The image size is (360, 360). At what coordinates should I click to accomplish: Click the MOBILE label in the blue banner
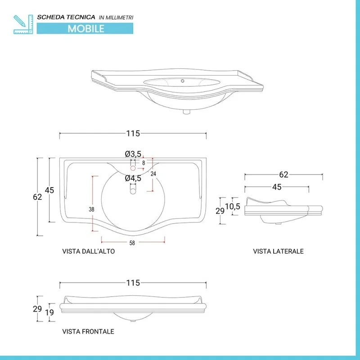[86, 28]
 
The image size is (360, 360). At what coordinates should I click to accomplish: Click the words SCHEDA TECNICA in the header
[66, 17]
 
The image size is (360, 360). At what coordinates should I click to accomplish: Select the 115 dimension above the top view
[133, 133]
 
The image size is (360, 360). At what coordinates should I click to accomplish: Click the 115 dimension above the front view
[133, 283]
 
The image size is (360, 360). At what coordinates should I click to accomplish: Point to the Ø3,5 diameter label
[133, 154]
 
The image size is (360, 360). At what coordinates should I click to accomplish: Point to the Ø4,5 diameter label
[133, 178]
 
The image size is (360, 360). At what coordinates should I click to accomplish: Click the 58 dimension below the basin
[132, 243]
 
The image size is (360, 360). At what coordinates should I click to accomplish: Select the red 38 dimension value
[91, 209]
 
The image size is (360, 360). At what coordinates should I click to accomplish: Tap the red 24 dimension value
[153, 174]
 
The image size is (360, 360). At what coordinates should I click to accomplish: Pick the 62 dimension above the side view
[283, 175]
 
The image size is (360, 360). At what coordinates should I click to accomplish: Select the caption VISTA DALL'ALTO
[88, 252]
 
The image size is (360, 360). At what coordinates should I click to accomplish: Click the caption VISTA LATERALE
[278, 251]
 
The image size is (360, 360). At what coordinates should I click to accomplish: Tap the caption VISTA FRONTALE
[88, 332]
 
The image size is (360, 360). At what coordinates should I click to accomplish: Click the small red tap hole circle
[133, 168]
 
